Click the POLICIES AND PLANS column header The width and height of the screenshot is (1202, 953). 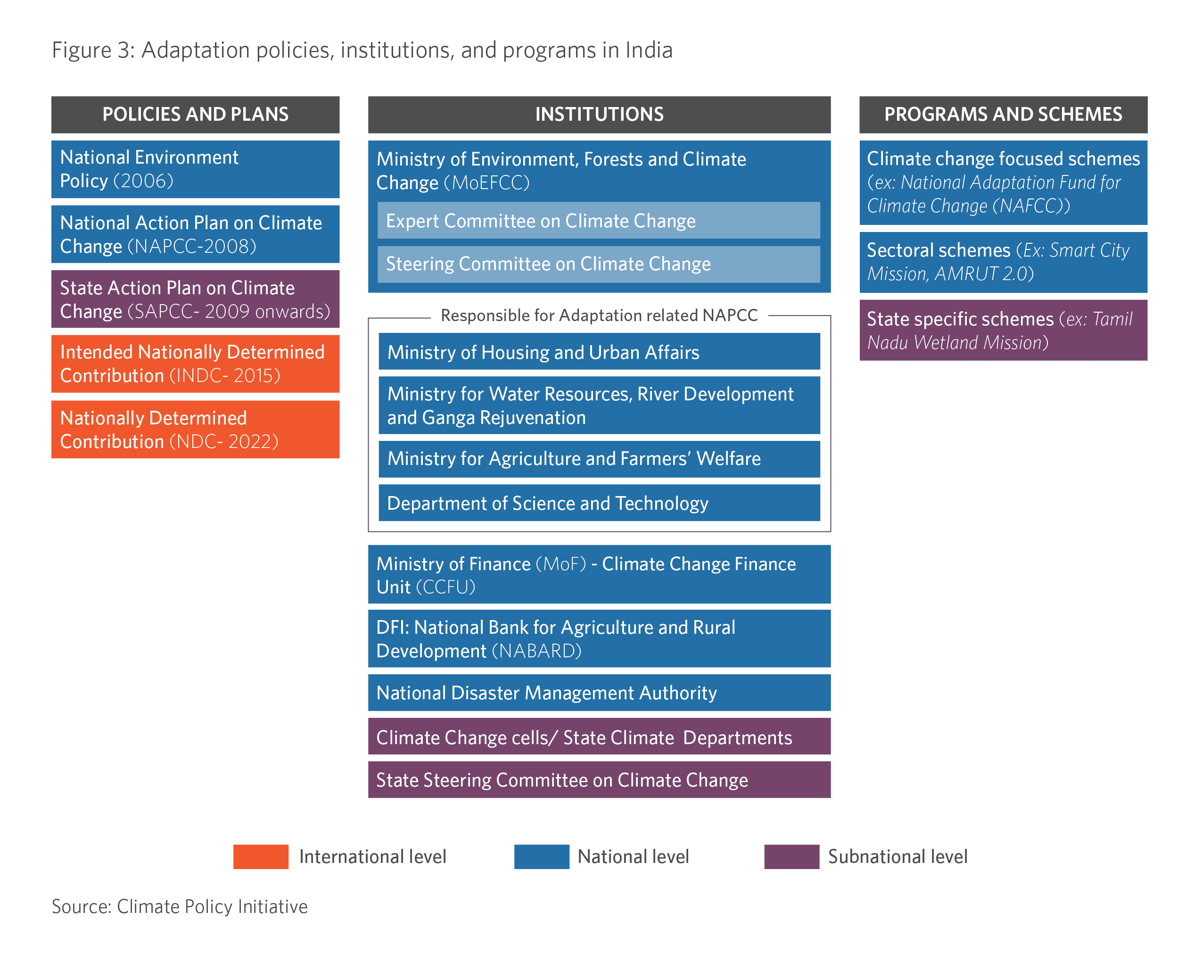[195, 114]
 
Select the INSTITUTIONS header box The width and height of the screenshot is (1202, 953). [599, 114]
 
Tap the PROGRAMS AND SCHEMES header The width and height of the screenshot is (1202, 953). [1003, 114]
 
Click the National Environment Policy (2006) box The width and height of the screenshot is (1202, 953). [195, 169]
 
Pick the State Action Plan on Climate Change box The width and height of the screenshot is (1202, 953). [195, 299]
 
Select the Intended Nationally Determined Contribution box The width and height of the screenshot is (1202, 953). [195, 364]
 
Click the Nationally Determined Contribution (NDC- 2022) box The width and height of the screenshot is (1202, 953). [195, 430]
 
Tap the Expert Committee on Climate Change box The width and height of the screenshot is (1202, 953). [599, 220]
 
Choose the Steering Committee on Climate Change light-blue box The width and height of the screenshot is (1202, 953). [599, 265]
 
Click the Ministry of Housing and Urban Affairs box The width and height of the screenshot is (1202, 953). [599, 351]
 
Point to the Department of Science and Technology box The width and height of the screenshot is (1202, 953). [599, 502]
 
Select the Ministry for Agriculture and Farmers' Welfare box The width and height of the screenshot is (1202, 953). [599, 459]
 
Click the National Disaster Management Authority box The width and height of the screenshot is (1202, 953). [599, 693]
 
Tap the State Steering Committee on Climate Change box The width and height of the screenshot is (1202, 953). [599, 779]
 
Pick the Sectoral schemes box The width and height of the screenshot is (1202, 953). [1003, 262]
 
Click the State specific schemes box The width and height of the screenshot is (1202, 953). [1003, 330]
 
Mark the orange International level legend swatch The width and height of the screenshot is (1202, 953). [261, 856]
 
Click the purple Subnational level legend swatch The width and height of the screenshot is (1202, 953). [791, 856]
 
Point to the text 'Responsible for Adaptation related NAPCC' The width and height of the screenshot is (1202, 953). [599, 315]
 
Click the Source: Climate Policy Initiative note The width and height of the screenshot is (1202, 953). [180, 907]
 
